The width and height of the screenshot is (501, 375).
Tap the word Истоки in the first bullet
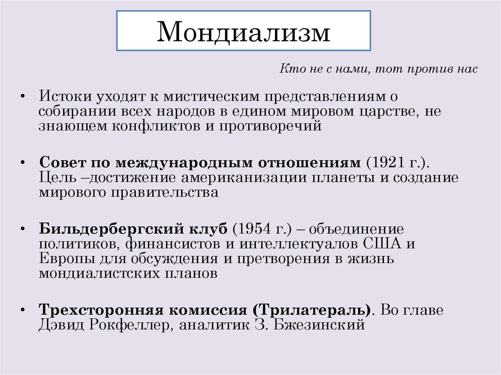coord(63,96)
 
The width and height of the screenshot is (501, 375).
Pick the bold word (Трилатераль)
coord(311,310)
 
